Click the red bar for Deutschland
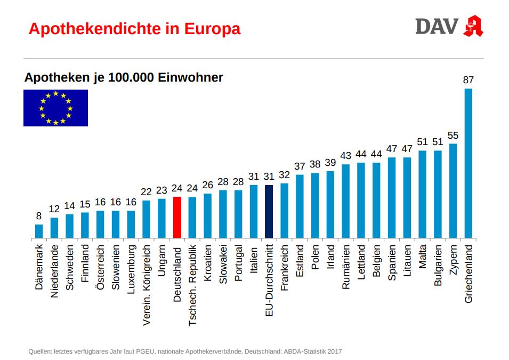pyautogui.click(x=177, y=217)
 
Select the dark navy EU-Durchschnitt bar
pyautogui.click(x=269, y=211)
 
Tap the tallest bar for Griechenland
pyautogui.click(x=468, y=163)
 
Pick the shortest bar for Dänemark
pyautogui.click(x=39, y=231)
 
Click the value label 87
pyautogui.click(x=468, y=80)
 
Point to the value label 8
pyautogui.click(x=39, y=216)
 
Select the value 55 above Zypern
pyautogui.click(x=453, y=135)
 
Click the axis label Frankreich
pyautogui.click(x=285, y=268)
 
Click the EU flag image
pyautogui.click(x=55, y=108)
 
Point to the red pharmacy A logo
pyautogui.click(x=473, y=26)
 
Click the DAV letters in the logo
pyautogui.click(x=437, y=26)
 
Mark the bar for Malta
pyautogui.click(x=423, y=194)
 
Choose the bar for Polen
pyautogui.click(x=315, y=205)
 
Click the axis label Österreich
pyautogui.click(x=100, y=268)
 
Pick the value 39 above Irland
pyautogui.click(x=330, y=163)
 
